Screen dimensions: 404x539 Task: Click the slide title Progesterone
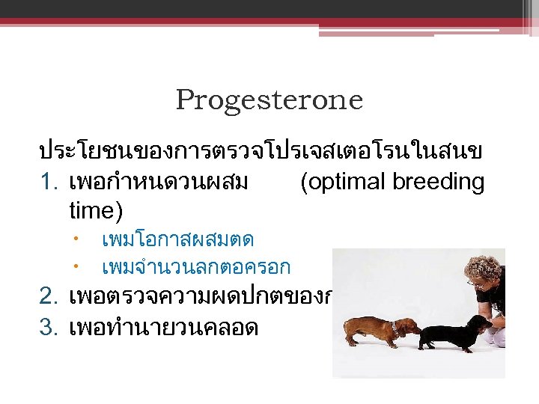269,100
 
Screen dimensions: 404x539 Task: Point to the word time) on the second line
95,210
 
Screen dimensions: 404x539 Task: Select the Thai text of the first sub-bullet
178,240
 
